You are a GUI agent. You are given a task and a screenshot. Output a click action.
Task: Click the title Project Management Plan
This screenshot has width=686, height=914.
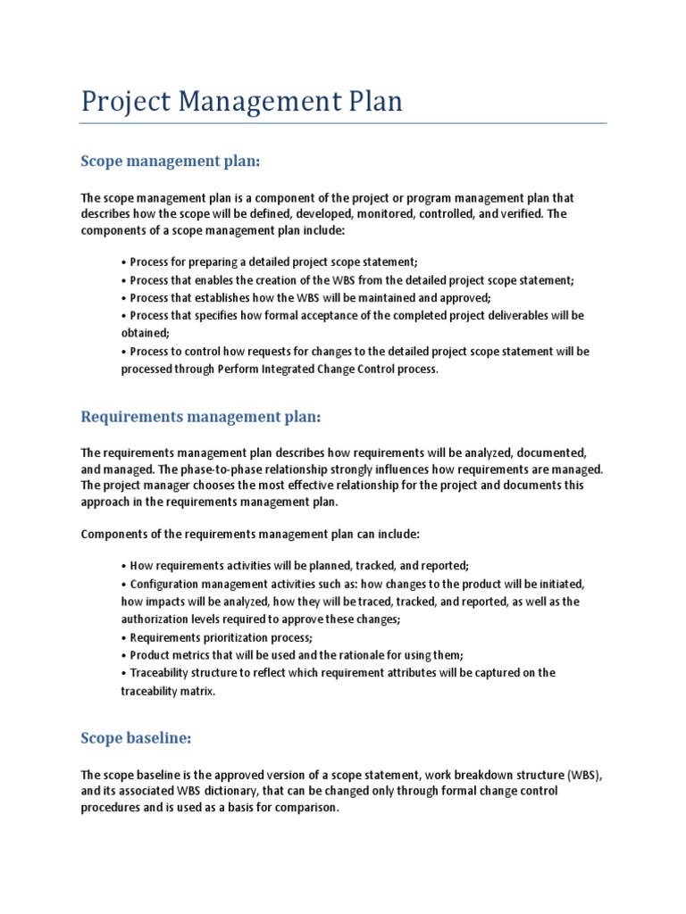(x=241, y=101)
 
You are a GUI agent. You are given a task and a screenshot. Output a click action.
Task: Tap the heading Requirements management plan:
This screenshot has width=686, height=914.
(x=200, y=417)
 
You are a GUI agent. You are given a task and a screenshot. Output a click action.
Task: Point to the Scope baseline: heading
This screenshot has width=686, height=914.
(x=136, y=738)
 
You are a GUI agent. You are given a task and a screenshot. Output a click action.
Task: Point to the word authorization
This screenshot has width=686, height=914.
(x=155, y=619)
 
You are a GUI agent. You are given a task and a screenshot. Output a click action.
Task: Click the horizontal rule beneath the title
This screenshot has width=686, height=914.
(x=344, y=123)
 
